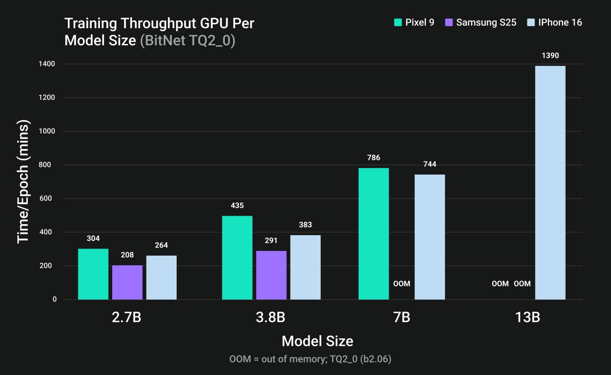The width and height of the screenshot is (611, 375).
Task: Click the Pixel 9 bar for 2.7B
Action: [x=93, y=274]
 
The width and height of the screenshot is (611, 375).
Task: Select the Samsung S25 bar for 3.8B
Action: [x=271, y=275]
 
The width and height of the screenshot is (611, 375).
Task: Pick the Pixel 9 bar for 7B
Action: [x=373, y=234]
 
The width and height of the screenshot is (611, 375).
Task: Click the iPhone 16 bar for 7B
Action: [x=430, y=237]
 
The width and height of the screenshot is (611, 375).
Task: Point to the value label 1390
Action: [x=550, y=56]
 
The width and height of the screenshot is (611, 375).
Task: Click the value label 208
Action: [x=127, y=255]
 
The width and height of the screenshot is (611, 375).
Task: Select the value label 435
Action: [x=237, y=206]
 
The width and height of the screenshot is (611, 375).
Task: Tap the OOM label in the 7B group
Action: [x=401, y=284]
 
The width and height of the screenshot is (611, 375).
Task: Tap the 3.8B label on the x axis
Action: [x=271, y=317]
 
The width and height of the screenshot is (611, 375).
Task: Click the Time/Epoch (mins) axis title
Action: [x=23, y=182]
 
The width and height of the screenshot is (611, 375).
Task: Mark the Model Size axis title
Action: [x=317, y=341]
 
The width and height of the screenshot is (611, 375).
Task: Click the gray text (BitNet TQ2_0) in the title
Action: [x=188, y=41]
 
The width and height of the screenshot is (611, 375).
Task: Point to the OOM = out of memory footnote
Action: [x=310, y=359]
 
